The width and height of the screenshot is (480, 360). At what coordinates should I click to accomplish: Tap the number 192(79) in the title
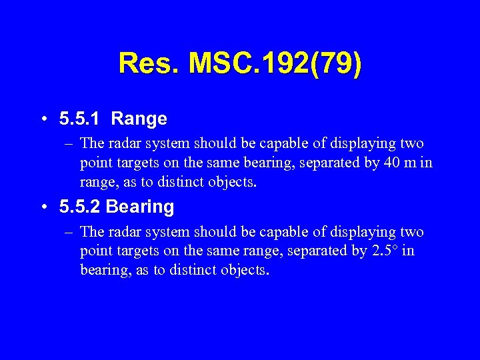[x=313, y=65]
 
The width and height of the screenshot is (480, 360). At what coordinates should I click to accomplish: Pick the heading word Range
[x=139, y=119]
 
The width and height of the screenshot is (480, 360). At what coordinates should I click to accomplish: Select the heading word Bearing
[x=140, y=207]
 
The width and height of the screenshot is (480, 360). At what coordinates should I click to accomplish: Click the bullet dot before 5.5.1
[x=43, y=120]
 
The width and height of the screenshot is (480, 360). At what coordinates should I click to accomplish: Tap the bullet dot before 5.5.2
[x=43, y=208]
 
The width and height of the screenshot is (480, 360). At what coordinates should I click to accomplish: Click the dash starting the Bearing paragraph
[x=69, y=232]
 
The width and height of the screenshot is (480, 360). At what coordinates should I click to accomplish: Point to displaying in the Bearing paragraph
[x=366, y=232]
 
